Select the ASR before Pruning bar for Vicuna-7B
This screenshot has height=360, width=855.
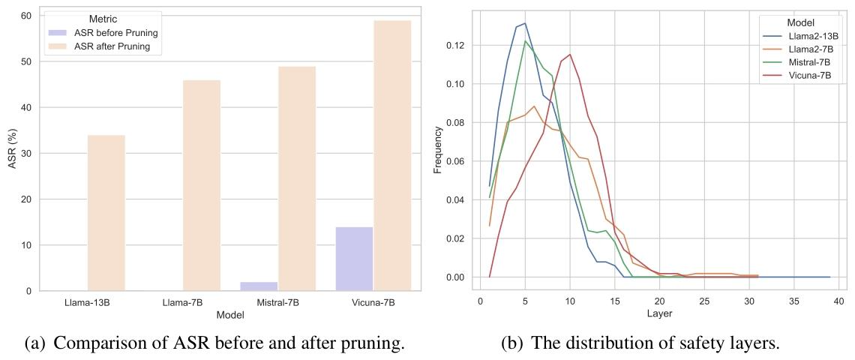click(354, 259)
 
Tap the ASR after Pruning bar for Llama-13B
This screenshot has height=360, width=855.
click(106, 213)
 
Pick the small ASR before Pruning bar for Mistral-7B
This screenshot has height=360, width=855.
click(259, 286)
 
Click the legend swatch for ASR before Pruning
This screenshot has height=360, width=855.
click(58, 32)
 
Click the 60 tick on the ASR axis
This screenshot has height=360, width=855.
click(25, 16)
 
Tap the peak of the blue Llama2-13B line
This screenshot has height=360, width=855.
click(525, 23)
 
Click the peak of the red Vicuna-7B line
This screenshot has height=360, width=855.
click(570, 54)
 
